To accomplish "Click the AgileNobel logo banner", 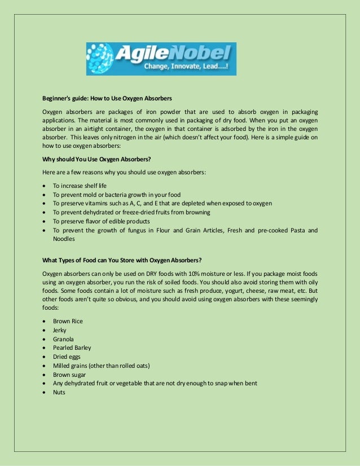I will tap(161, 59).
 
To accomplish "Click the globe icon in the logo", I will tap(102, 59).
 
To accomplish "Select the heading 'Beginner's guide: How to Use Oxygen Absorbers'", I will tap(107, 98).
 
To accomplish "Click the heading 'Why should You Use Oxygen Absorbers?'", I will tap(97, 159).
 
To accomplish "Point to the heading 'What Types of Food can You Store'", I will tap(122, 260).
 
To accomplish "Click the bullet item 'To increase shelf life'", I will tap(80, 186).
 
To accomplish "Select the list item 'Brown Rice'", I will tap(68, 321).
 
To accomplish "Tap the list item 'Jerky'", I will tap(60, 330).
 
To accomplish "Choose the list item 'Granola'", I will tap(63, 339).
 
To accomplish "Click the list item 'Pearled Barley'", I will tap(72, 348).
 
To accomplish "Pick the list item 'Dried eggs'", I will tap(67, 357).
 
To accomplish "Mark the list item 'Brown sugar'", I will tap(69, 374).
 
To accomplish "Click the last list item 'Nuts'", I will tap(59, 392).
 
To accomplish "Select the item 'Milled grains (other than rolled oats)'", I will tap(101, 366).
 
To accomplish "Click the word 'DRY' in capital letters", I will tap(139, 274).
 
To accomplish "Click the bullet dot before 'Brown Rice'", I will tap(45, 322).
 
